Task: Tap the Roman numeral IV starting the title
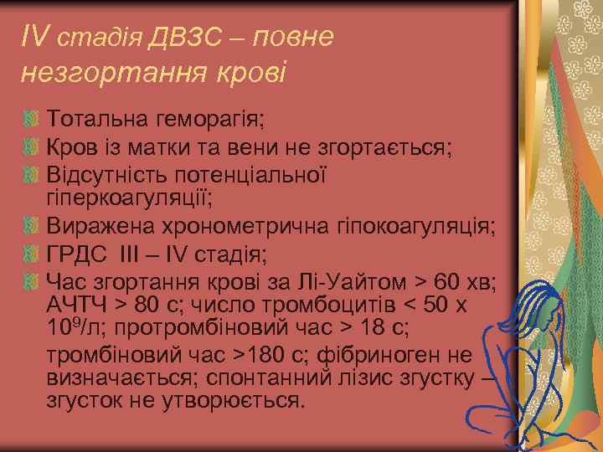click(35, 37)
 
